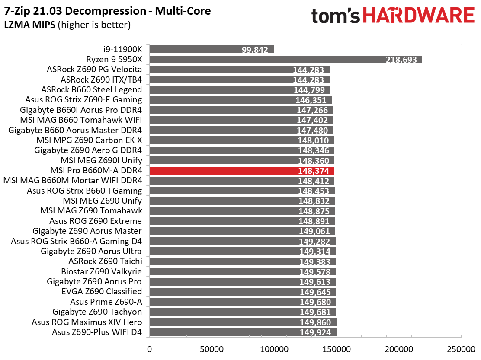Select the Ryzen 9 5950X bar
[285, 60]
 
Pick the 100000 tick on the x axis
[274, 348]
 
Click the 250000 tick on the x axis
[461, 348]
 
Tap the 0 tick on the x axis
[149, 348]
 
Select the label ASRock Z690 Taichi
[105, 261]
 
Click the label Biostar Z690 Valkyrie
[102, 271]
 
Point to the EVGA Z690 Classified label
[102, 292]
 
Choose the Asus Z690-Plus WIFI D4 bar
[243, 332]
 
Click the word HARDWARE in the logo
[419, 16]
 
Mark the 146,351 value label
[314, 100]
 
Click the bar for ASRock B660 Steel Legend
[240, 90]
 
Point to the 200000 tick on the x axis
[399, 348]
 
